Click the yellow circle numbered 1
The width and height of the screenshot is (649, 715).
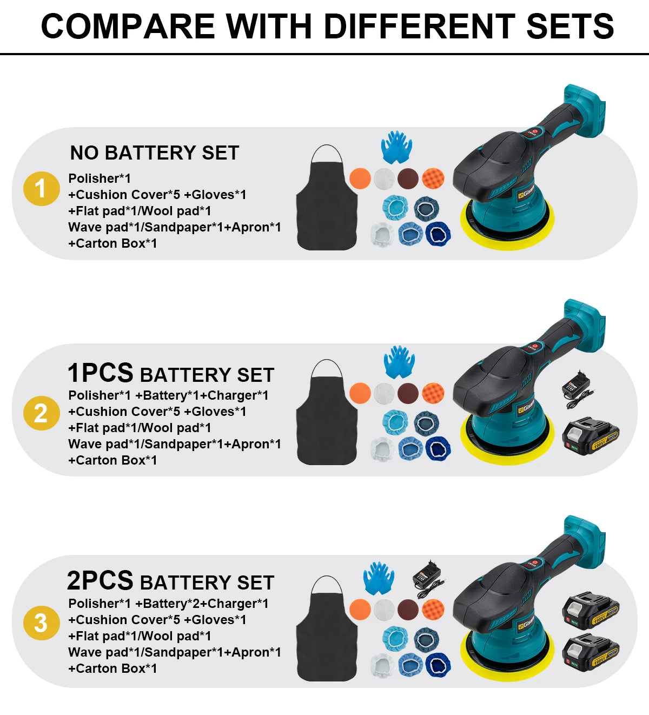click(x=41, y=189)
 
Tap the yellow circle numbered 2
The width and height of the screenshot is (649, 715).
click(x=41, y=413)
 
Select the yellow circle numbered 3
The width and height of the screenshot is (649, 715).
click(x=41, y=623)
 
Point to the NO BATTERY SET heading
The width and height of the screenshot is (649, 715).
click(x=154, y=153)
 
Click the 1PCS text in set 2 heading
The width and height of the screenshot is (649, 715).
click(x=101, y=373)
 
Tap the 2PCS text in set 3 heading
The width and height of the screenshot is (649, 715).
click(x=100, y=581)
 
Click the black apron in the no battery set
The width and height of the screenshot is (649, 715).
click(x=327, y=203)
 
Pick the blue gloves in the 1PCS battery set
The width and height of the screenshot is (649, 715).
click(x=399, y=362)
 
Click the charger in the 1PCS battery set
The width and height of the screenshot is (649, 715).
click(x=575, y=388)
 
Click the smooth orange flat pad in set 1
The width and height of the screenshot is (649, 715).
click(x=360, y=178)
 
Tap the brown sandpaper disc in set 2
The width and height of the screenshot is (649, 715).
click(x=408, y=393)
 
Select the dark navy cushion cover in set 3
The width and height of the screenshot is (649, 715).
click(x=438, y=665)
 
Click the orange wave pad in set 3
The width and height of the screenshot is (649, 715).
click(x=433, y=609)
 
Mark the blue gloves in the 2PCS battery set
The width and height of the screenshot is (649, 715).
click(x=379, y=578)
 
